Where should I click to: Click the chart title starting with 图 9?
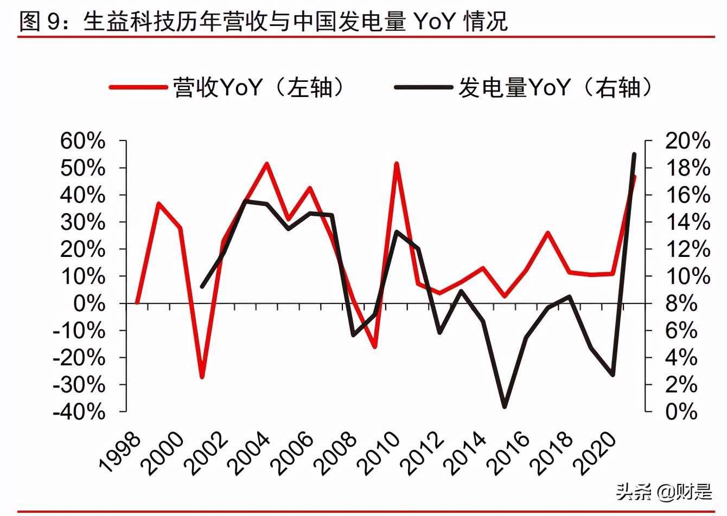tap(263, 22)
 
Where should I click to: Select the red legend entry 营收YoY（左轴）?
tap(228, 87)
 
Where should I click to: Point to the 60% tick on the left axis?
tap(82, 141)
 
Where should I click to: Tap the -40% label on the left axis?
tap(79, 412)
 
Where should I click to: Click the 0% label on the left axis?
tap(89, 304)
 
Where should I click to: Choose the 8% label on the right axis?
tap(681, 304)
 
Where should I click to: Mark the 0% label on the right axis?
tap(681, 412)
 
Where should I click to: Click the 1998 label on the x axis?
tap(120, 452)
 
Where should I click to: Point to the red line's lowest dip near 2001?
tap(202, 377)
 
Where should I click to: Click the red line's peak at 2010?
tap(397, 164)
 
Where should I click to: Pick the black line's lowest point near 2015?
tap(505, 406)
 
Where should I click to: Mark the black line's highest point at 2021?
tap(634, 154)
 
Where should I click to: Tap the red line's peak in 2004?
tap(267, 164)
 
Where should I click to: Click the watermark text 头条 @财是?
tap(663, 492)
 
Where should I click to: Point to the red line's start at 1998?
tap(137, 303)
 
